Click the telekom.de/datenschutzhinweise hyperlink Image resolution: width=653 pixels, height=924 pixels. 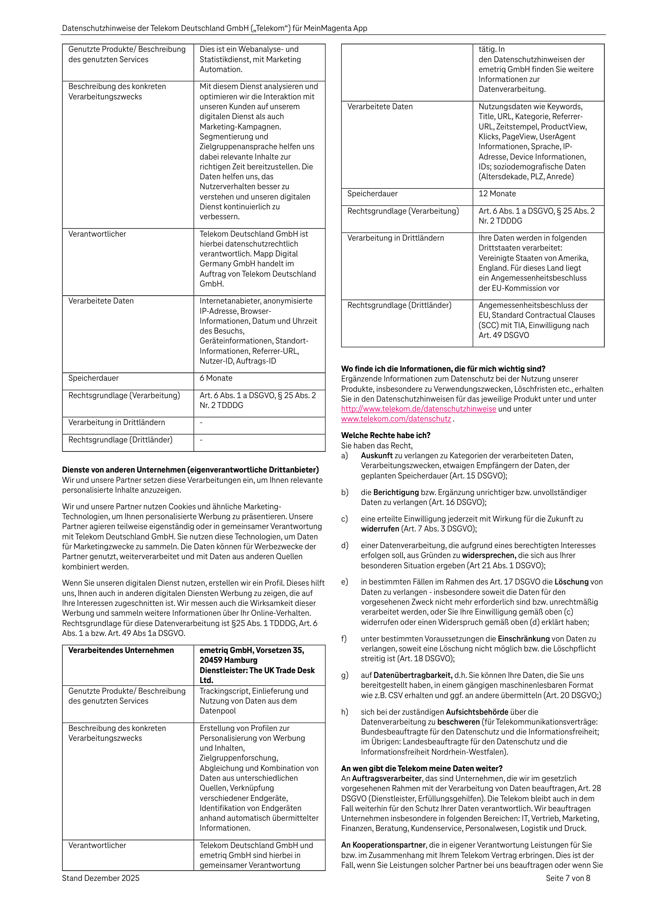pos(418,409)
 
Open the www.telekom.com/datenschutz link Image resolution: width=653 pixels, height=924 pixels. pos(396,419)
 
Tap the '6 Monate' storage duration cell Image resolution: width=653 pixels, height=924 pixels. pos(216,378)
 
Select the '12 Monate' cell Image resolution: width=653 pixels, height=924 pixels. pos(497,194)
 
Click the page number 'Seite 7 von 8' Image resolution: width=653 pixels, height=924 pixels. pos(568,878)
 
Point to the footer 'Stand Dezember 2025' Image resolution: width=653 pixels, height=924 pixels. pos(101,878)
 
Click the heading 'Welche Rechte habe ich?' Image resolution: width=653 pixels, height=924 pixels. pos(385,435)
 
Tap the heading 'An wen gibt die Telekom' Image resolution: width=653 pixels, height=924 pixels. pos(421,768)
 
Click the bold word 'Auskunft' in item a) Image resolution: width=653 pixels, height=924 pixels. pos(376,455)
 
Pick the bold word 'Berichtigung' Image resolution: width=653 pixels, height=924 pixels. pos(396,493)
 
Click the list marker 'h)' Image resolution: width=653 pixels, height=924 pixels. pos(345,712)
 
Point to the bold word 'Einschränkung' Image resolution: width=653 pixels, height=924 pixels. pos(523,639)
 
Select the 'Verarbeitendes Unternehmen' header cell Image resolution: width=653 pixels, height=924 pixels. pos(121,650)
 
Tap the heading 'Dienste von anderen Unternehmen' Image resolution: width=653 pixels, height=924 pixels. pos(190,470)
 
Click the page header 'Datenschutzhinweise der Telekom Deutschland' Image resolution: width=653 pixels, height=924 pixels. pos(214,28)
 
